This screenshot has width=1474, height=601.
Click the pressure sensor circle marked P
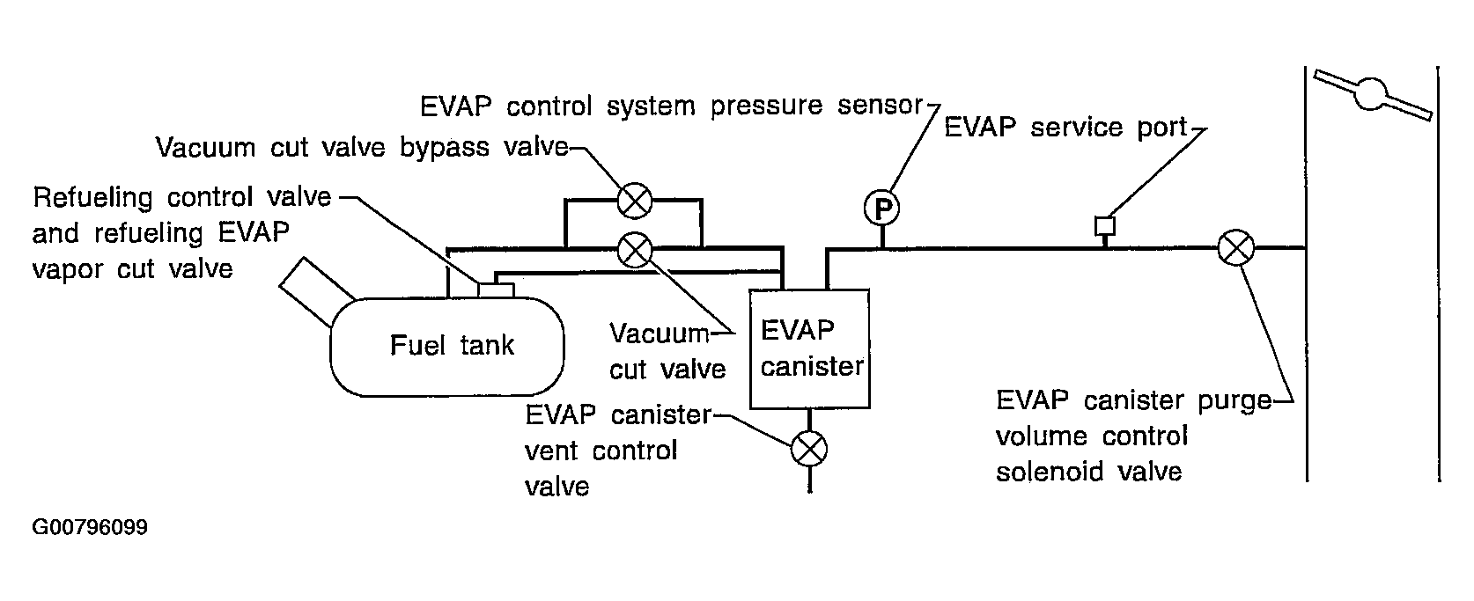point(881,209)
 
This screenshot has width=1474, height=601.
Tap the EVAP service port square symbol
point(1105,226)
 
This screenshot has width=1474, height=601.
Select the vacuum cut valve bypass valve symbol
point(635,201)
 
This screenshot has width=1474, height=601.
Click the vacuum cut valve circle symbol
point(635,251)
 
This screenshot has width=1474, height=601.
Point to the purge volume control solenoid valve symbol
point(1235,248)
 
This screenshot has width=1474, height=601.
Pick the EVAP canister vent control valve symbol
point(808,449)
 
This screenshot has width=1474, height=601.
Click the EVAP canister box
point(809,349)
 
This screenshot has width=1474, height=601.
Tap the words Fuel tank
point(452,345)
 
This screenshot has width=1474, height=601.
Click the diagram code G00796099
point(90,527)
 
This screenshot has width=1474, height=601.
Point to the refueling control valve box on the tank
point(496,290)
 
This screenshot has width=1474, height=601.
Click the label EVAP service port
point(1066,128)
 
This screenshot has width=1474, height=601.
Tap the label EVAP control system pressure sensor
point(672,106)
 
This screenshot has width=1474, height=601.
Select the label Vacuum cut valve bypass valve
point(362,147)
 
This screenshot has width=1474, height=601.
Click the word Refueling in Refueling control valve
point(92,197)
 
